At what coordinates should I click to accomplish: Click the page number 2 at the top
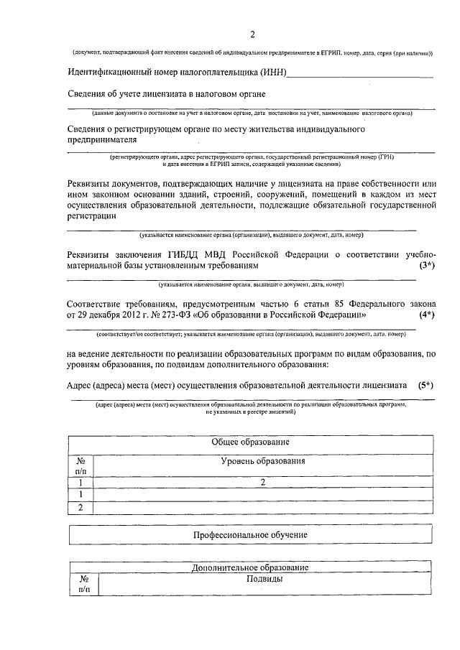(252, 34)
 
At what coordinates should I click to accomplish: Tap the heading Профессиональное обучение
(250, 535)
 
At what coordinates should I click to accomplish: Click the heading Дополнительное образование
(250, 567)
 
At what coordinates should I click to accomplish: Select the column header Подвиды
(263, 578)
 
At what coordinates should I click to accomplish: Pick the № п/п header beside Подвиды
(83, 583)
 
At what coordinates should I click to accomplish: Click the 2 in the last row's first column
(80, 508)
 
